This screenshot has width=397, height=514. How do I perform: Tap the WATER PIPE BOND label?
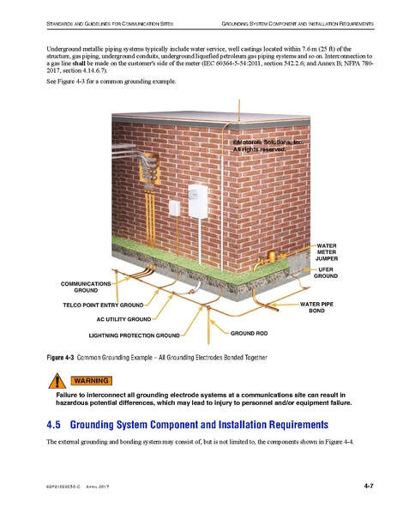pyautogui.click(x=316, y=307)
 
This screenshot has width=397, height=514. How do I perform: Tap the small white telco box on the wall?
pyautogui.click(x=175, y=207)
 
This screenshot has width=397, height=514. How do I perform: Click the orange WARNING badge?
pyautogui.click(x=90, y=380)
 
